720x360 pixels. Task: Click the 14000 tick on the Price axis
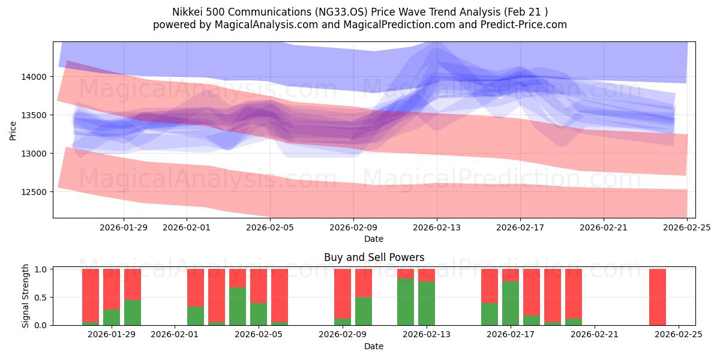(x=35, y=77)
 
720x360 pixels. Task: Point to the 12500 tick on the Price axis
(x=35, y=192)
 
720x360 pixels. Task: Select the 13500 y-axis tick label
(x=35, y=115)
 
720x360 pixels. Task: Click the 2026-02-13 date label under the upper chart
(x=437, y=228)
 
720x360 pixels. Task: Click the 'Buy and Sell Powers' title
(x=374, y=257)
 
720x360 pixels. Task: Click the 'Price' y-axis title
(x=13, y=130)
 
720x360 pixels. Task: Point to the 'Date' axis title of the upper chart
(x=374, y=239)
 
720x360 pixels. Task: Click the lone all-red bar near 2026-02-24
(x=658, y=297)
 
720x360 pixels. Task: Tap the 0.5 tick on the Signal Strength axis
(x=41, y=297)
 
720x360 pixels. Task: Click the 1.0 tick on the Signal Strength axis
(x=41, y=269)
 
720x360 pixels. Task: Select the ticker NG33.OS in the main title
(x=327, y=11)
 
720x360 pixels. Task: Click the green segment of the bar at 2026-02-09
(x=343, y=322)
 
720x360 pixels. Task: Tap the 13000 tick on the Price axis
(x=35, y=154)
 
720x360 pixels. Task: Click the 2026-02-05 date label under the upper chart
(x=270, y=228)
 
